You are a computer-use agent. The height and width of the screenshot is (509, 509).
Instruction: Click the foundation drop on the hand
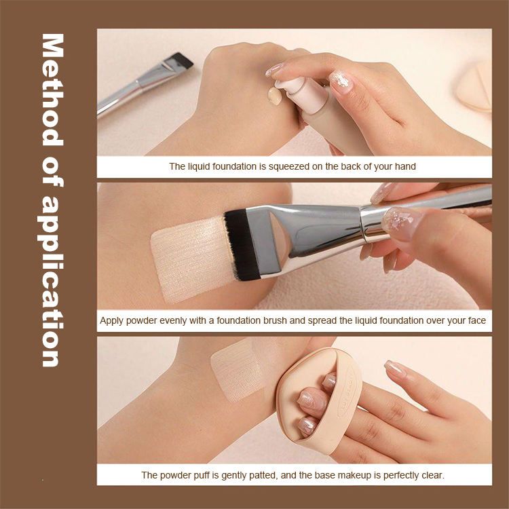point(275,96)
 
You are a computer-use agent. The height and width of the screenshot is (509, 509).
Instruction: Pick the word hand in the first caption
point(404,166)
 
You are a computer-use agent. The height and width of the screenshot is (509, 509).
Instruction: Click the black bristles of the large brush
point(242,244)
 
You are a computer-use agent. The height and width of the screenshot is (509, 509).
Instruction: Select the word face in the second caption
point(477,321)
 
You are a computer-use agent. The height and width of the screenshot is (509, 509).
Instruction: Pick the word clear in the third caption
point(433,475)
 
